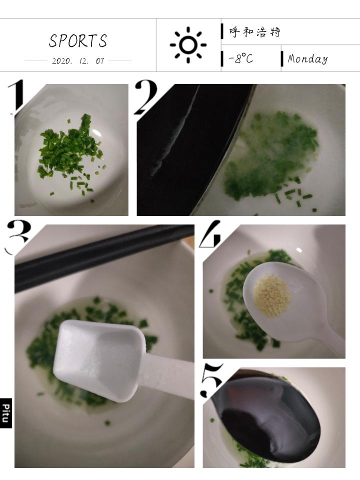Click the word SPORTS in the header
coord(78,40)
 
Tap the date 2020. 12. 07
coord(78,60)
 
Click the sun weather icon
coord(188,44)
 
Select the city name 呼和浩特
coord(254,31)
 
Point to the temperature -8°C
coord(241,58)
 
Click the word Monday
coord(307,58)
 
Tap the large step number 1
coord(16,96)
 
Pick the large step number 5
coord(212,380)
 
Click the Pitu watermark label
coord(6,413)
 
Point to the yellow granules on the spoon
coord(272,294)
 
